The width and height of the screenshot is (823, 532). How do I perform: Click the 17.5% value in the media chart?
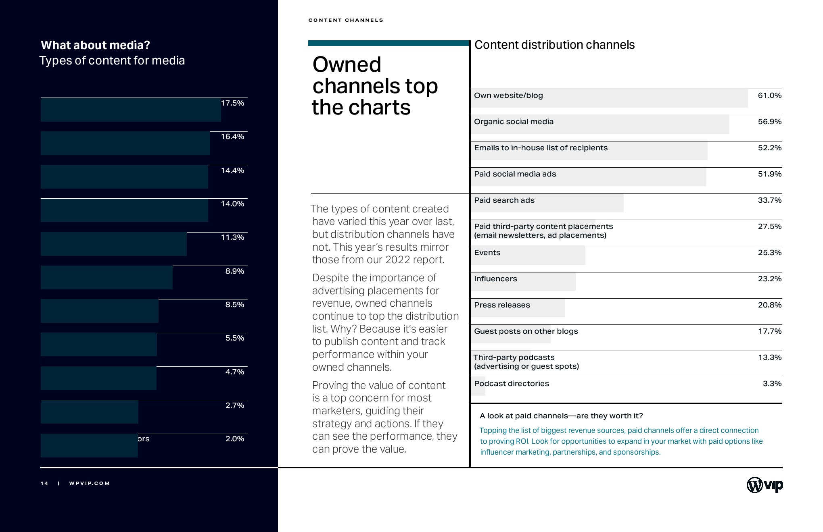[x=232, y=103]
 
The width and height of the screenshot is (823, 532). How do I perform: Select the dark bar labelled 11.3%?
[x=113, y=244]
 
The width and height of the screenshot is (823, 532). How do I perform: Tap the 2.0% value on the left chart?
[x=235, y=439]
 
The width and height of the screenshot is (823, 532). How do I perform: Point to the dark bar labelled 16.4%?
[x=125, y=143]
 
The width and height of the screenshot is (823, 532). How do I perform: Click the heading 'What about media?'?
[x=95, y=45]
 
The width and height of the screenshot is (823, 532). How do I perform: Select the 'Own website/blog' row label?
[x=508, y=96]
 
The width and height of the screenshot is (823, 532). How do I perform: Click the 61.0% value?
[x=769, y=96]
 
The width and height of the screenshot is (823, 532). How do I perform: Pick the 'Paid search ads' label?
[x=504, y=200]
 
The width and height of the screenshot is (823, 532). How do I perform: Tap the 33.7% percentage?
[x=769, y=200]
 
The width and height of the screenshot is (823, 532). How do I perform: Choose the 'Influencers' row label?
[x=495, y=279]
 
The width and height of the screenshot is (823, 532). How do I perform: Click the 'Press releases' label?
[x=502, y=305]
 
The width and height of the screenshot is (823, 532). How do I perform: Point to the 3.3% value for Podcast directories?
[x=772, y=384]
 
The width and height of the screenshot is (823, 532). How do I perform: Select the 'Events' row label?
[x=487, y=253]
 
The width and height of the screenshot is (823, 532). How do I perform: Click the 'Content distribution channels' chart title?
[x=554, y=45]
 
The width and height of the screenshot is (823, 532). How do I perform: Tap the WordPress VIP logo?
[x=765, y=485]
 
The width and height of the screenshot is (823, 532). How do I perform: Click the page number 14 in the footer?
[x=44, y=483]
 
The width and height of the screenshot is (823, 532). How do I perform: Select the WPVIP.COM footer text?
[x=90, y=483]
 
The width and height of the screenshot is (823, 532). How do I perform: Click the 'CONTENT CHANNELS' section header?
[x=346, y=20]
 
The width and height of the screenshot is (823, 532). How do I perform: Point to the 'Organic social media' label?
[x=514, y=122]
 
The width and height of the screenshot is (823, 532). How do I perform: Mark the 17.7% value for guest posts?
[x=769, y=331]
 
